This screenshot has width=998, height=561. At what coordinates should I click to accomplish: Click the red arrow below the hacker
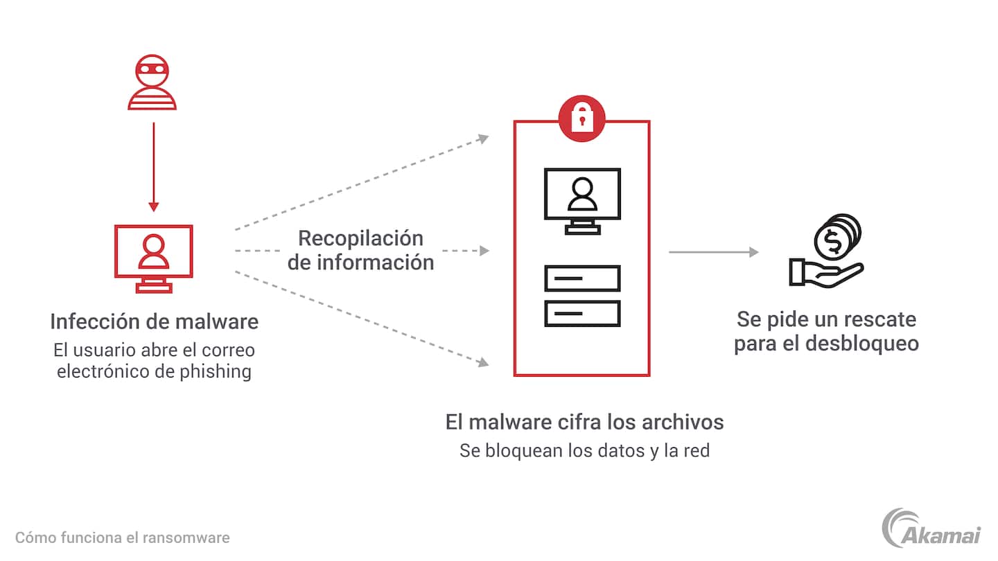pos(154,166)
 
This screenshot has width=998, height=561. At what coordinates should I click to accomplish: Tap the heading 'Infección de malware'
pos(154,321)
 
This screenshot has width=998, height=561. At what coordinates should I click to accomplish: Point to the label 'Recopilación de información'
pos(360,250)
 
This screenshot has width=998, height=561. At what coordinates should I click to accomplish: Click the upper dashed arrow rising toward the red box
pos(360,183)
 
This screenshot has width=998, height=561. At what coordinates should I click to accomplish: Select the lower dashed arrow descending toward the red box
pos(360,317)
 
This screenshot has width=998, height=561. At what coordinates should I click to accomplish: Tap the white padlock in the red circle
pos(581,118)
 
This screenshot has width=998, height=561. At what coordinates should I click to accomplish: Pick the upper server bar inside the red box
pos(582,278)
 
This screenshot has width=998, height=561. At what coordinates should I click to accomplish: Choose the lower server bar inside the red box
pos(582,313)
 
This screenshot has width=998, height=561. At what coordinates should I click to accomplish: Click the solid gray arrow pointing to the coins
pos(714,252)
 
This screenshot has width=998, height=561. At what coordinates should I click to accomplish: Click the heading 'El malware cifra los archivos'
pos(584,422)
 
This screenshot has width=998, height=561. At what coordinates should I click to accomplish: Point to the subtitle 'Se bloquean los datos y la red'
pos(584,451)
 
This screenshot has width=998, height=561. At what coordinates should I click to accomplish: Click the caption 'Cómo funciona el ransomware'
pos(122,537)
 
